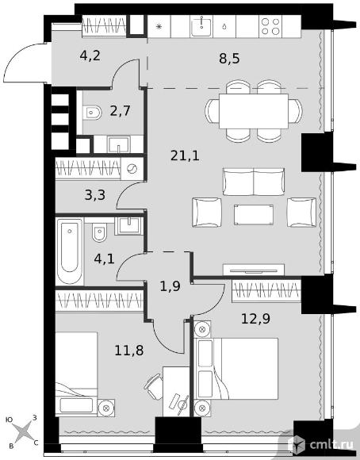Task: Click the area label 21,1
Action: coord(185,155)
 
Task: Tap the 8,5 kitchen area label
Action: coord(229,58)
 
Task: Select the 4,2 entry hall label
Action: coord(90,56)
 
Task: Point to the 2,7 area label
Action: coord(120,111)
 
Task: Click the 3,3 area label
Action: coord(95,195)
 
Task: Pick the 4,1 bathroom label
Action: coord(104,259)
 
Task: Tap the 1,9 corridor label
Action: coord(170,286)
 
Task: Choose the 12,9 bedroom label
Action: coord(255,319)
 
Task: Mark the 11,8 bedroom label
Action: coord(129,350)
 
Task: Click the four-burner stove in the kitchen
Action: coord(270,26)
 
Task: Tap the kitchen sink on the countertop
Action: coord(201,26)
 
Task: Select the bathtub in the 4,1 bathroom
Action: coord(70,251)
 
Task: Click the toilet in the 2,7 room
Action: coord(92,113)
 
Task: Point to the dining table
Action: coord(254,111)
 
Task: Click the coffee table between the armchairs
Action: coord(254,215)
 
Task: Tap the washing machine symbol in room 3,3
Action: coord(132,169)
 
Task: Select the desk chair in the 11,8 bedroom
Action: coord(154,387)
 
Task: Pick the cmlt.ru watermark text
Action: coord(331,445)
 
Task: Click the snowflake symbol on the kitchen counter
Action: coord(159,27)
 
